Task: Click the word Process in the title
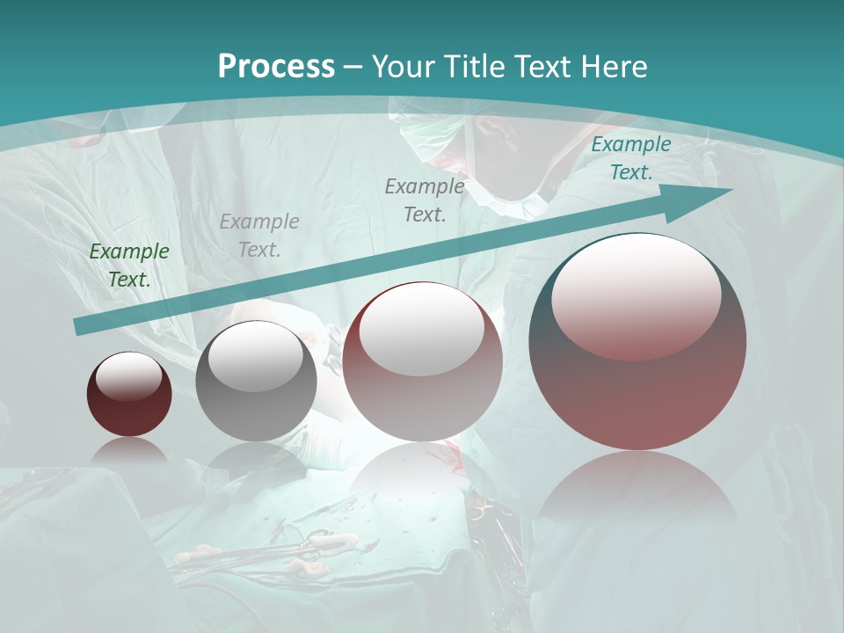(x=276, y=66)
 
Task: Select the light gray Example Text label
(x=258, y=236)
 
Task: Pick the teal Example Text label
(x=630, y=158)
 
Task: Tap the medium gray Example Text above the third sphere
(x=425, y=200)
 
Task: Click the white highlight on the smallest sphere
(x=128, y=375)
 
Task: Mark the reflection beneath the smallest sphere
(x=129, y=450)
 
